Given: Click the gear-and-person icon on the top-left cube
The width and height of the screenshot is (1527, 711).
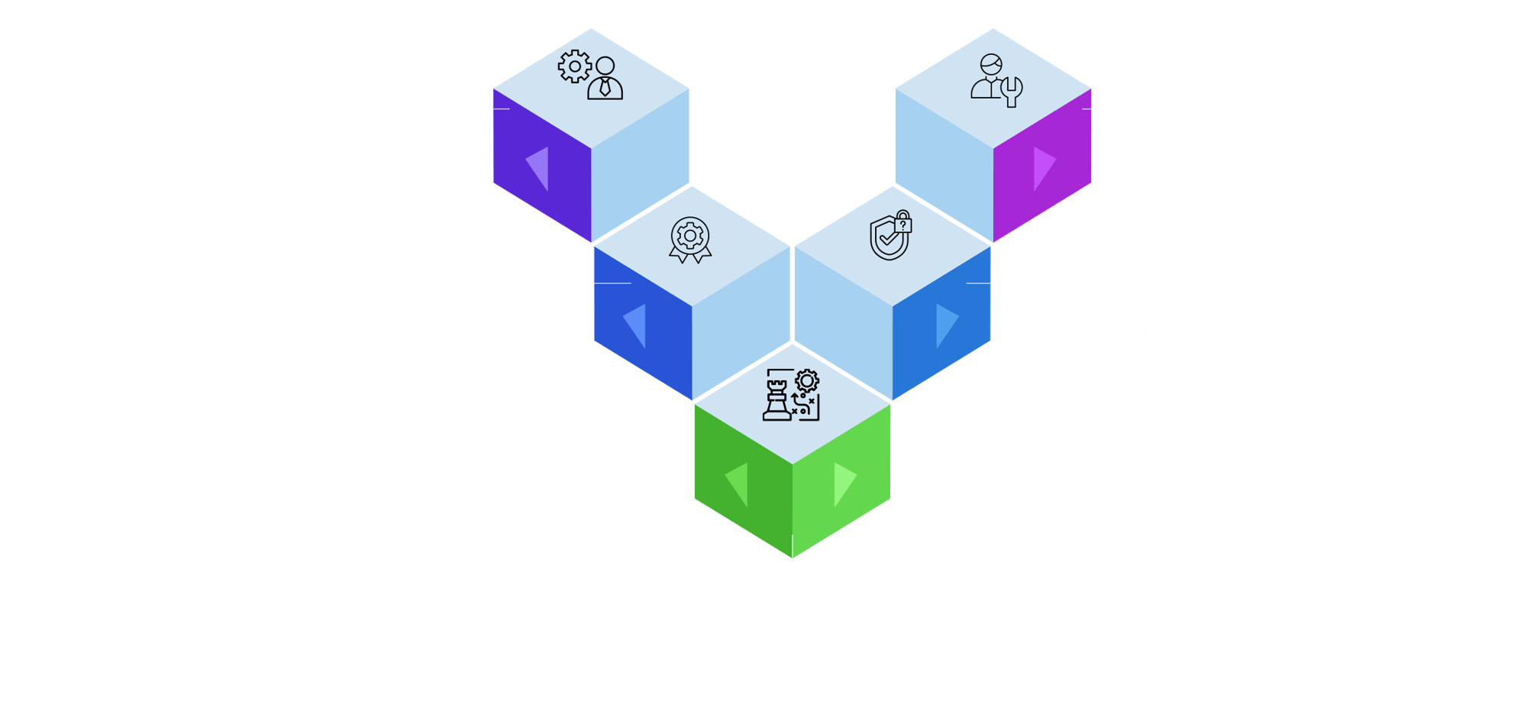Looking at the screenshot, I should click(590, 75).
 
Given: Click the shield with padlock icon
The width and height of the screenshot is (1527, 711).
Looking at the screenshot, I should click(891, 235).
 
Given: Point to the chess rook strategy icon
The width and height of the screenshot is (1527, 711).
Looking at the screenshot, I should click(791, 394).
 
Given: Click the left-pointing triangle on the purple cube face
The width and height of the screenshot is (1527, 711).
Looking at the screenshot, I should click(538, 168).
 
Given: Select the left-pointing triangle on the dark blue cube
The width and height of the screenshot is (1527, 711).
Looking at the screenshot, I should click(636, 325).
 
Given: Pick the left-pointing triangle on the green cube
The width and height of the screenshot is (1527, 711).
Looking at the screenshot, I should click(738, 483).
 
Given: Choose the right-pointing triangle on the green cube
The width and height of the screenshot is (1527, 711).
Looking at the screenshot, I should click(844, 483).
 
